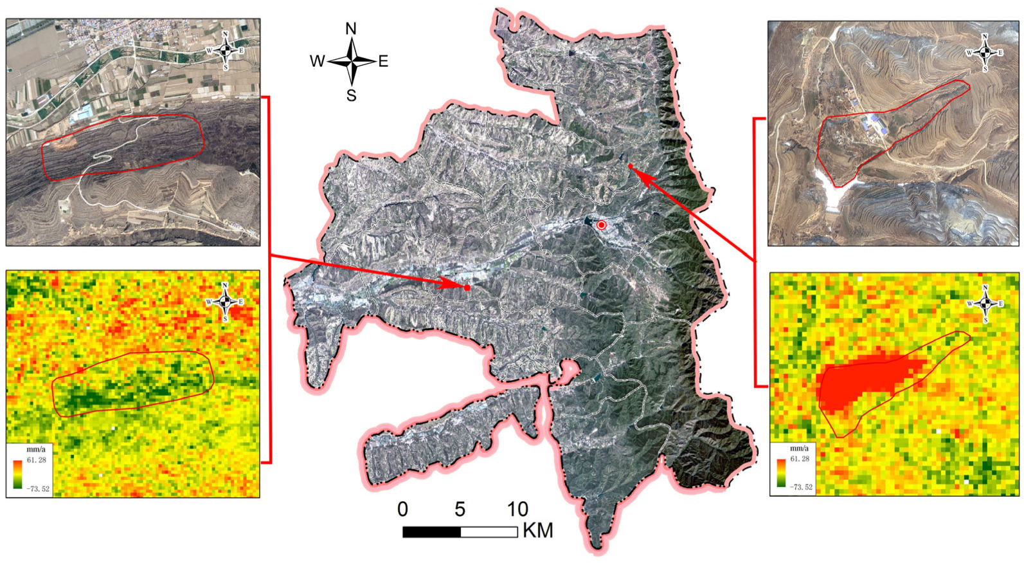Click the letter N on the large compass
[x=351, y=29]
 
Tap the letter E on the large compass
[x=383, y=62]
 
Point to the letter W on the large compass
[x=318, y=62]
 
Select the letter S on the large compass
[x=351, y=96]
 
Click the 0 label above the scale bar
[x=402, y=510]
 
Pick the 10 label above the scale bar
[x=517, y=510]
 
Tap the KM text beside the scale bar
[x=538, y=531]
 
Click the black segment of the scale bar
[x=431, y=532]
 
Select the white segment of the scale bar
[x=489, y=532]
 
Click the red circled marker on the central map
[x=601, y=225]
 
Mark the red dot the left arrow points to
[x=467, y=288]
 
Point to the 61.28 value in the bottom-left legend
[x=36, y=459]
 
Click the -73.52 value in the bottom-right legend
[x=800, y=487]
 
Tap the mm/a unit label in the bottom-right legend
[x=799, y=448]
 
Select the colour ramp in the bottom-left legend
[x=17, y=474]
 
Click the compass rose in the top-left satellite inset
[x=225, y=50]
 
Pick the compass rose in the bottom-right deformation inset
[x=985, y=303]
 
